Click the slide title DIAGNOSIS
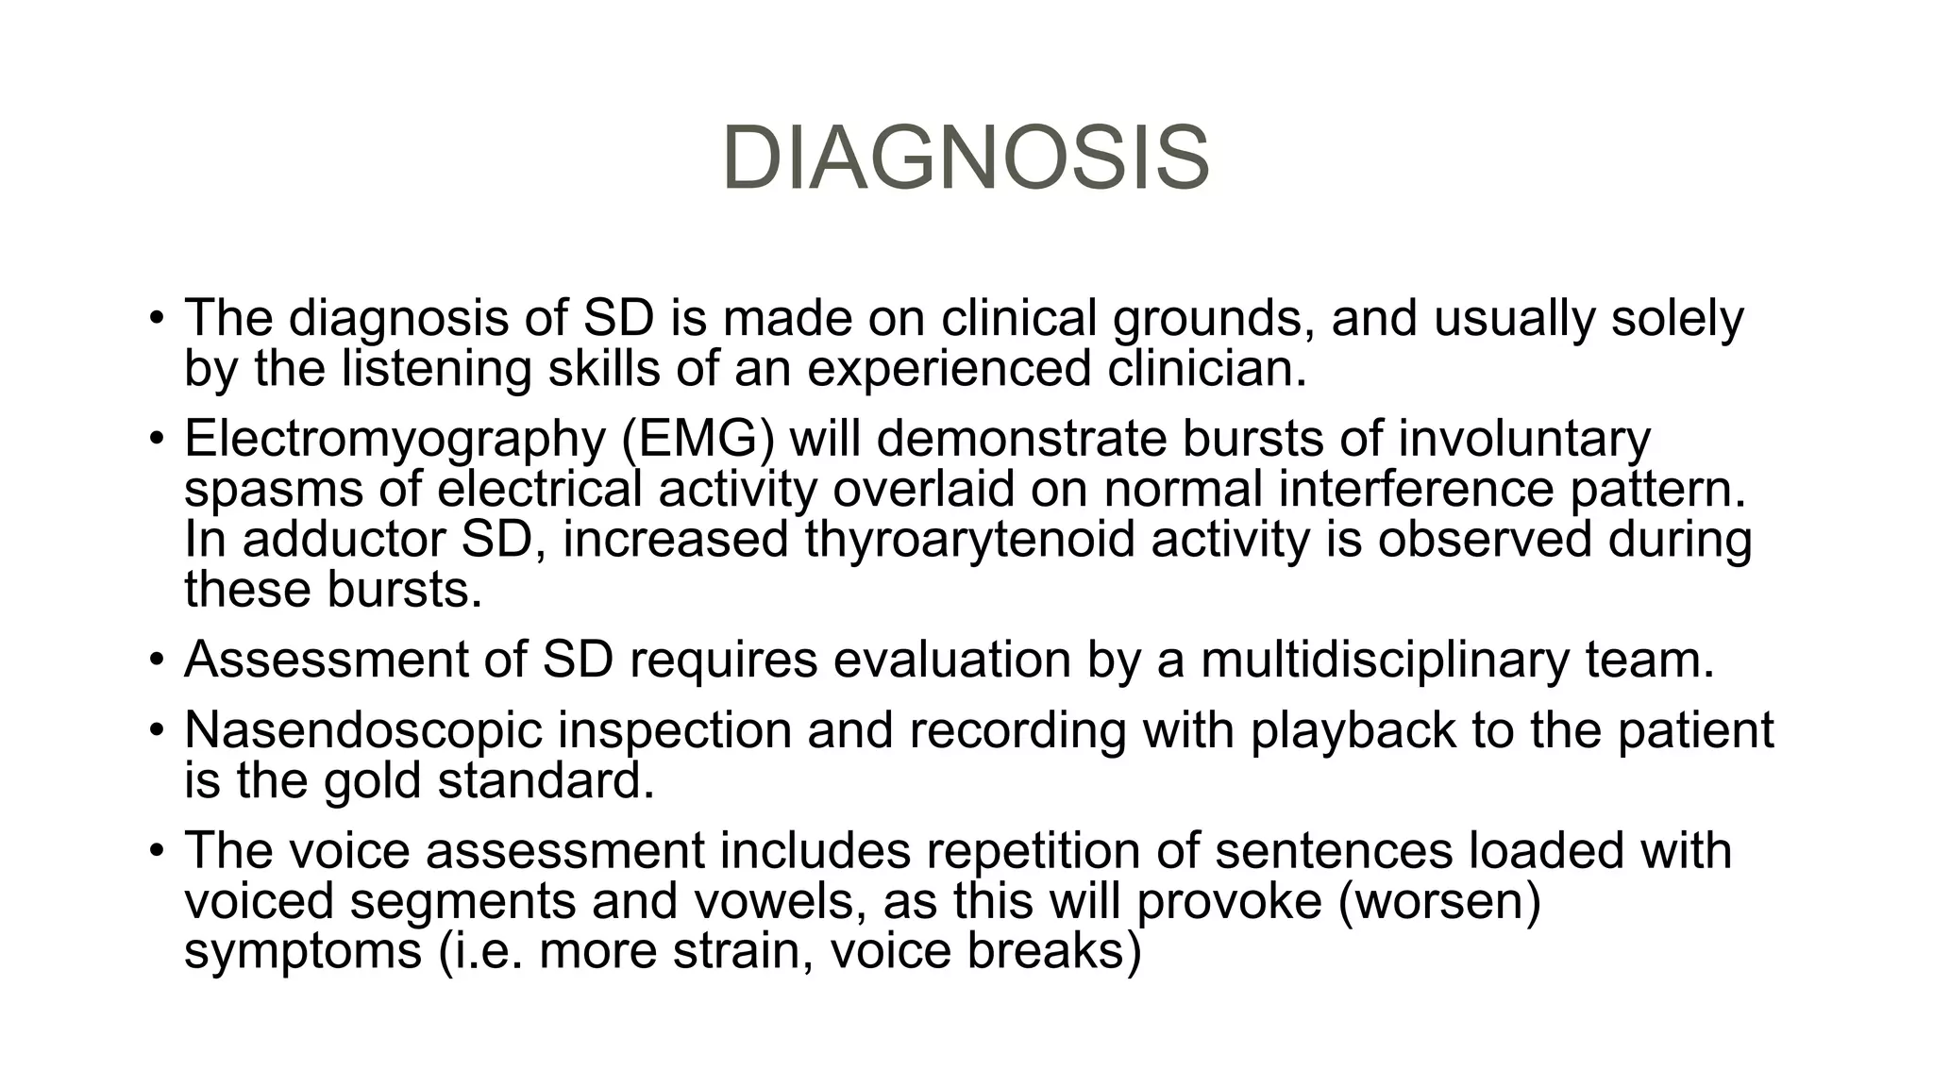click(966, 159)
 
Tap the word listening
click(436, 368)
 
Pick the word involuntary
click(1523, 439)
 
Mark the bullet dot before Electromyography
click(155, 441)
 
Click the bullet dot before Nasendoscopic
click(155, 731)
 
